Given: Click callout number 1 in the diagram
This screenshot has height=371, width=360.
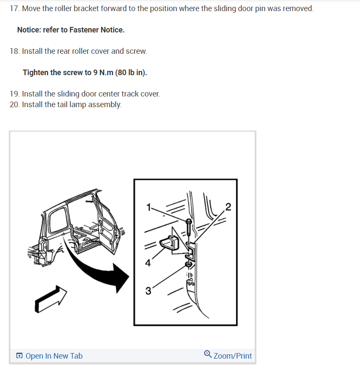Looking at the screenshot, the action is [149, 207].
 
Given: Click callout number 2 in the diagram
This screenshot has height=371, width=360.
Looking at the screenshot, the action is [228, 207].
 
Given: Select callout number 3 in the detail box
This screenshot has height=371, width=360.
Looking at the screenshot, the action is [148, 291].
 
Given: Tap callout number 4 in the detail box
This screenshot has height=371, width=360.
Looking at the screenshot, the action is [148, 263].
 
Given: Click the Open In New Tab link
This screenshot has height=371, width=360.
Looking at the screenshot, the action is [54, 356].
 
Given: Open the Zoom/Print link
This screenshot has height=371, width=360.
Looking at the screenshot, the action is [232, 356].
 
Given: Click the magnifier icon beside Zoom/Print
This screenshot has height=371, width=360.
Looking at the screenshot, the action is [208, 354].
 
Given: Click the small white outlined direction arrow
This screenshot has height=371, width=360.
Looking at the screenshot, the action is [51, 299].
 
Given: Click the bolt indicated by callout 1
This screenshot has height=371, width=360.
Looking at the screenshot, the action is [189, 227].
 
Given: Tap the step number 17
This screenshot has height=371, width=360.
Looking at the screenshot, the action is [15, 9].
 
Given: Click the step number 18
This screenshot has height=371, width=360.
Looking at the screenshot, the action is [15, 51].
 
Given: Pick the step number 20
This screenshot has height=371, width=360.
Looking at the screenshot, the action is [15, 104].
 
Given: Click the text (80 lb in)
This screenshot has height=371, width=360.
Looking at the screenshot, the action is [131, 73].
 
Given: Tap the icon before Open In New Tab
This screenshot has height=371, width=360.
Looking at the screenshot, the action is [19, 356].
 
